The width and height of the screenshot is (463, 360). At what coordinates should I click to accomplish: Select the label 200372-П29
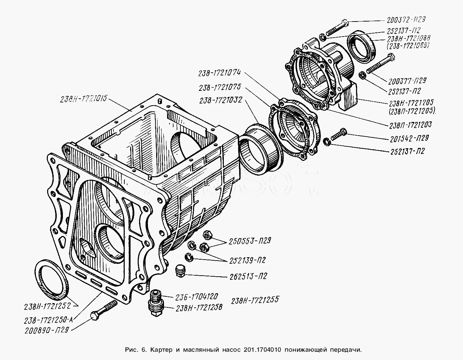tap(406, 20)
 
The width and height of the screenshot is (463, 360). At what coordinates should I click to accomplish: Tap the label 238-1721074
tap(219, 73)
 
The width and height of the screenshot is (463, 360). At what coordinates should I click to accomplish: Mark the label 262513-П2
tap(243, 276)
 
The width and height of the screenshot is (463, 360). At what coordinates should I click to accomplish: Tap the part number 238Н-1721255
tap(255, 301)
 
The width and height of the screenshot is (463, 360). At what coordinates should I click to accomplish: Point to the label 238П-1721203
tap(410, 125)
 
